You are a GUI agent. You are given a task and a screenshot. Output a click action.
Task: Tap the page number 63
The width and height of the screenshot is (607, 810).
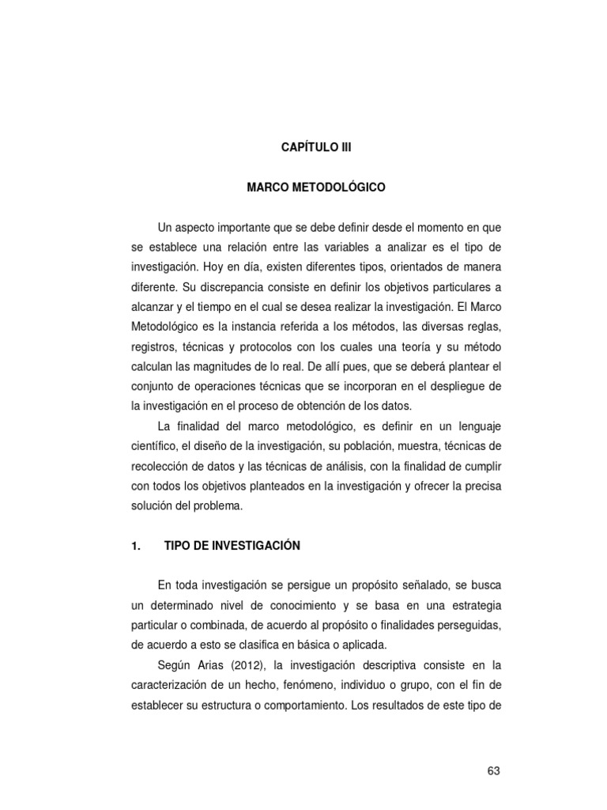pos(494,770)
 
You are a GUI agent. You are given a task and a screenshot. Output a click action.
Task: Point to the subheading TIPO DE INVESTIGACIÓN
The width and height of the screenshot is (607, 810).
pos(232,545)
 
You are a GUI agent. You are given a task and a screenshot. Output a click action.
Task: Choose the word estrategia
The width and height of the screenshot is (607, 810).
pos(470,605)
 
